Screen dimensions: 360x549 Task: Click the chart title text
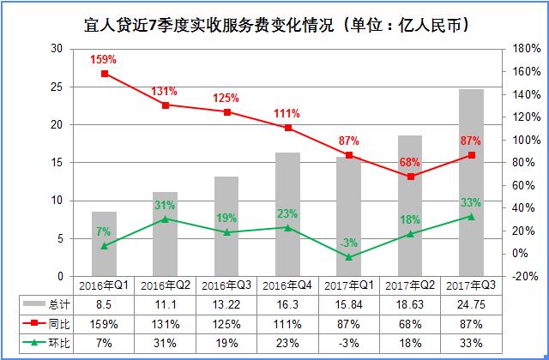click(274, 20)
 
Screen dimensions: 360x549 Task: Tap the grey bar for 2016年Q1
click(105, 243)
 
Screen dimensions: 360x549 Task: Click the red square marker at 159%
click(105, 74)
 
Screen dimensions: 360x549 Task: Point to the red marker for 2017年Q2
click(411, 177)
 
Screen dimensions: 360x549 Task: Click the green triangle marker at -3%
click(349, 256)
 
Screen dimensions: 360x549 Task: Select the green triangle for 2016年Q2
click(166, 219)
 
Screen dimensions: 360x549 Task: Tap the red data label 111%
click(287, 113)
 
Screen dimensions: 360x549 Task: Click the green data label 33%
click(471, 202)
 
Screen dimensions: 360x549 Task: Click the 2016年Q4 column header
click(287, 285)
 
